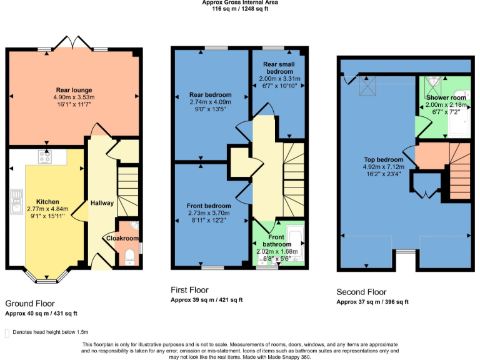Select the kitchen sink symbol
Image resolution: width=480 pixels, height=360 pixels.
pyautogui.click(x=15, y=201)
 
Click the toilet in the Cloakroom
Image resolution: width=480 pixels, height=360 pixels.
pyautogui.click(x=129, y=255)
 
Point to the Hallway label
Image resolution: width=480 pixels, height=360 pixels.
pyautogui.click(x=102, y=203)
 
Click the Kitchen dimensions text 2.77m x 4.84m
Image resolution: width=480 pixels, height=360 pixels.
pyautogui.click(x=47, y=209)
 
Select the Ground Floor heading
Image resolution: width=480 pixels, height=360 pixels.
pyautogui.click(x=29, y=303)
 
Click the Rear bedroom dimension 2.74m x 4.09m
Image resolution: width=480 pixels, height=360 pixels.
pyautogui.click(x=210, y=102)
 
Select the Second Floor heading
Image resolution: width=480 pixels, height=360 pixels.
pyautogui.click(x=361, y=292)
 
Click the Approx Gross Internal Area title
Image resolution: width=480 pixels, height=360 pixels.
pyautogui.click(x=240, y=2)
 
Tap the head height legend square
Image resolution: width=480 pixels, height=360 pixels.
pyautogui.click(x=7, y=332)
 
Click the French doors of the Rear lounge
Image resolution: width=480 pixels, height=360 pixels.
pyautogui.click(x=73, y=44)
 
